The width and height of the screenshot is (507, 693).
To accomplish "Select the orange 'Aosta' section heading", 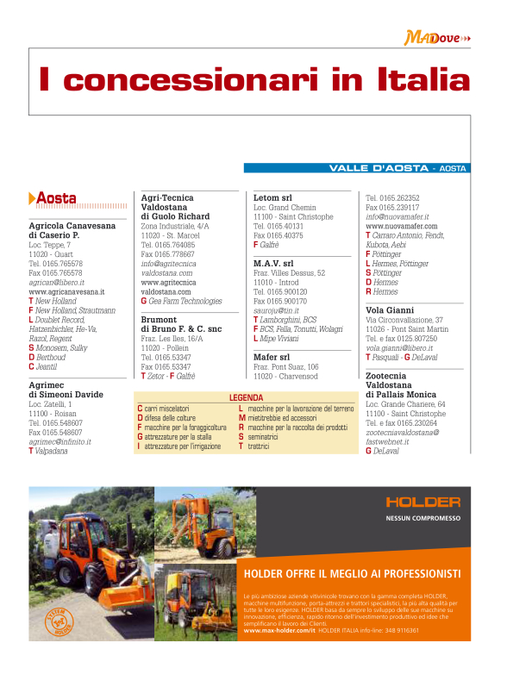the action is (x=55, y=198).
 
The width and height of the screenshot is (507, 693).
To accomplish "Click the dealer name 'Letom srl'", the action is (x=272, y=197).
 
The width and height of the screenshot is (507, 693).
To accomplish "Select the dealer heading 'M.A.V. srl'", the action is (x=273, y=263).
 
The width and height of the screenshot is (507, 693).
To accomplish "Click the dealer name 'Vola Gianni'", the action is (x=391, y=309).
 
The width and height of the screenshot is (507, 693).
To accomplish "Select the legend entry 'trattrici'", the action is (x=259, y=446).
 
